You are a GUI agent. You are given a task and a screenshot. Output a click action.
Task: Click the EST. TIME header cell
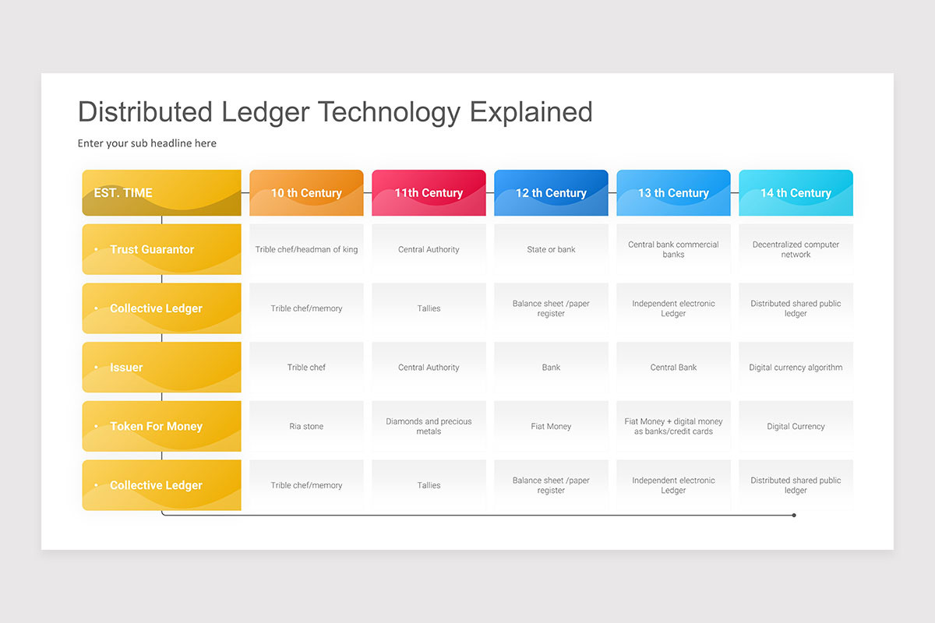point(161,193)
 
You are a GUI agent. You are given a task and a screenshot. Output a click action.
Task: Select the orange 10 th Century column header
point(306,193)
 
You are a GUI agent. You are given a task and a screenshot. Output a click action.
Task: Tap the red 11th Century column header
point(429,193)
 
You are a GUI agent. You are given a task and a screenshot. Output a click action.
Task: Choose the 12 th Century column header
point(551,193)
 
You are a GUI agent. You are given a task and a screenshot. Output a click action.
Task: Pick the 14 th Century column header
point(796,193)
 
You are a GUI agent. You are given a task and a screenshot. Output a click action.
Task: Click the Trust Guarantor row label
point(161,249)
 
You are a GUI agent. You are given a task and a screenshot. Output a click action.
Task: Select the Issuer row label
point(161,368)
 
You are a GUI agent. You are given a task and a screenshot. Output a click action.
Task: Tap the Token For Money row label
point(161,426)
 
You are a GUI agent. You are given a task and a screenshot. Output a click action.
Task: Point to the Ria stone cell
point(306,426)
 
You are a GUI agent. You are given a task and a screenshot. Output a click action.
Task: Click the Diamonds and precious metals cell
point(429,426)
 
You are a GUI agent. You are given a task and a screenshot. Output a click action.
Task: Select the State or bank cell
point(551,249)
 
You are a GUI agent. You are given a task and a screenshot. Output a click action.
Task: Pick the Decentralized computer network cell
point(796,249)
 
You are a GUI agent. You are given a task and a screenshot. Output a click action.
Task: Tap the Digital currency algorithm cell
point(796,368)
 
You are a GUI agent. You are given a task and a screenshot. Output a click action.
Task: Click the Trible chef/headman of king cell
point(306,249)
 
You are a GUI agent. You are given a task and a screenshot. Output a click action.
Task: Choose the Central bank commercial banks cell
point(673,249)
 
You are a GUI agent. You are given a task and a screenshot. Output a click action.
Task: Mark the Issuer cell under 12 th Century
point(551,368)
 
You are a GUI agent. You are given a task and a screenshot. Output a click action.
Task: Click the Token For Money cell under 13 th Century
point(673,426)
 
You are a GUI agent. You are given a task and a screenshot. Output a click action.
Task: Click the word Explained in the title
point(531,112)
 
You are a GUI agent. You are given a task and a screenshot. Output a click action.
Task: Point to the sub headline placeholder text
point(147,143)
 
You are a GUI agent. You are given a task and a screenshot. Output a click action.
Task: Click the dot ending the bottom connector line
point(794,516)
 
